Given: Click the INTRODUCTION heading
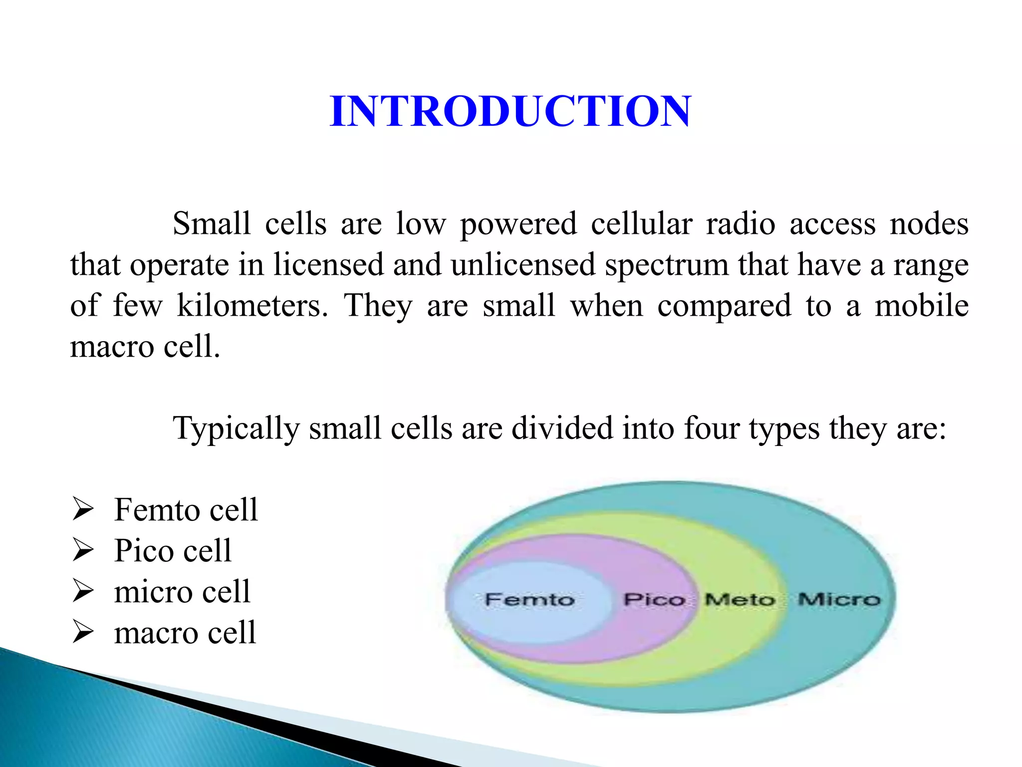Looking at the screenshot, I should point(510,111).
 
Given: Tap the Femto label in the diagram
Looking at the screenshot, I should point(529,599).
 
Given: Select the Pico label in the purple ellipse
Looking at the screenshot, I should point(654,599).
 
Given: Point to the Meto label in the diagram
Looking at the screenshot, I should point(740,599).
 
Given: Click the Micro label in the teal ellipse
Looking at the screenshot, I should point(839,599).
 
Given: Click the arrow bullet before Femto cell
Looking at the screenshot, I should point(83,509).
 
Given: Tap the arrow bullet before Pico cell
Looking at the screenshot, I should point(83,550).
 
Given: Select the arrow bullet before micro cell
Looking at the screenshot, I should point(83,591).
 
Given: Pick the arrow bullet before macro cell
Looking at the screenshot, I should point(83,632).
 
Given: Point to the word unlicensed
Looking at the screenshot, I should point(523,265).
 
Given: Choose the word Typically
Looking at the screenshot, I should point(236,429).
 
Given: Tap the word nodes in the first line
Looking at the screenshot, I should point(929,224).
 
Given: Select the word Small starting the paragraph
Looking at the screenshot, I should point(212,223).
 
